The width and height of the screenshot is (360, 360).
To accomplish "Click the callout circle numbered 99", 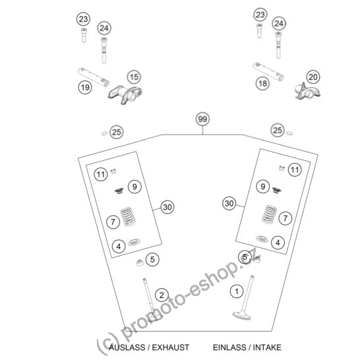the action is [202, 119].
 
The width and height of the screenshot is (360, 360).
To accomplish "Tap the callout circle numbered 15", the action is [134, 77].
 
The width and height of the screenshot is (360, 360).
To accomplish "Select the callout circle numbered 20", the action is [313, 77].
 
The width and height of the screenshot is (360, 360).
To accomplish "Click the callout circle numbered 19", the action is [85, 88].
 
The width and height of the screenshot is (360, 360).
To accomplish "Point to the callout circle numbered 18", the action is [262, 83].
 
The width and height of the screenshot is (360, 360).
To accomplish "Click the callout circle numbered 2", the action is [162, 295].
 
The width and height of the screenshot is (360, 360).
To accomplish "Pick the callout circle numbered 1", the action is [237, 291].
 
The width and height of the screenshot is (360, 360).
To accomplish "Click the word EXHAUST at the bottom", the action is [171, 347].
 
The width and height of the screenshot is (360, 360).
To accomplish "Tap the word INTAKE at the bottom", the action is [267, 347].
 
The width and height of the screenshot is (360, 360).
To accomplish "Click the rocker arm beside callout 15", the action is [125, 94].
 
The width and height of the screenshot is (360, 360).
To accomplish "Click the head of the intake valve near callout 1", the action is [241, 315].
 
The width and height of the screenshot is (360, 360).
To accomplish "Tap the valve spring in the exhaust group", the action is [127, 216].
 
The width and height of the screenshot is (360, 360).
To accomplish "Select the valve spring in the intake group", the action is [270, 214].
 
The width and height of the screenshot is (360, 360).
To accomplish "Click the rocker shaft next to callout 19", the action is [94, 77].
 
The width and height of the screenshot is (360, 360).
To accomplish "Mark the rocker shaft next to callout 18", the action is [268, 72].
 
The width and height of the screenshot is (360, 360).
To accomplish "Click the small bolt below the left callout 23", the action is [84, 35].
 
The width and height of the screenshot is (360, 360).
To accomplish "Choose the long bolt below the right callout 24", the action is [278, 45].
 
